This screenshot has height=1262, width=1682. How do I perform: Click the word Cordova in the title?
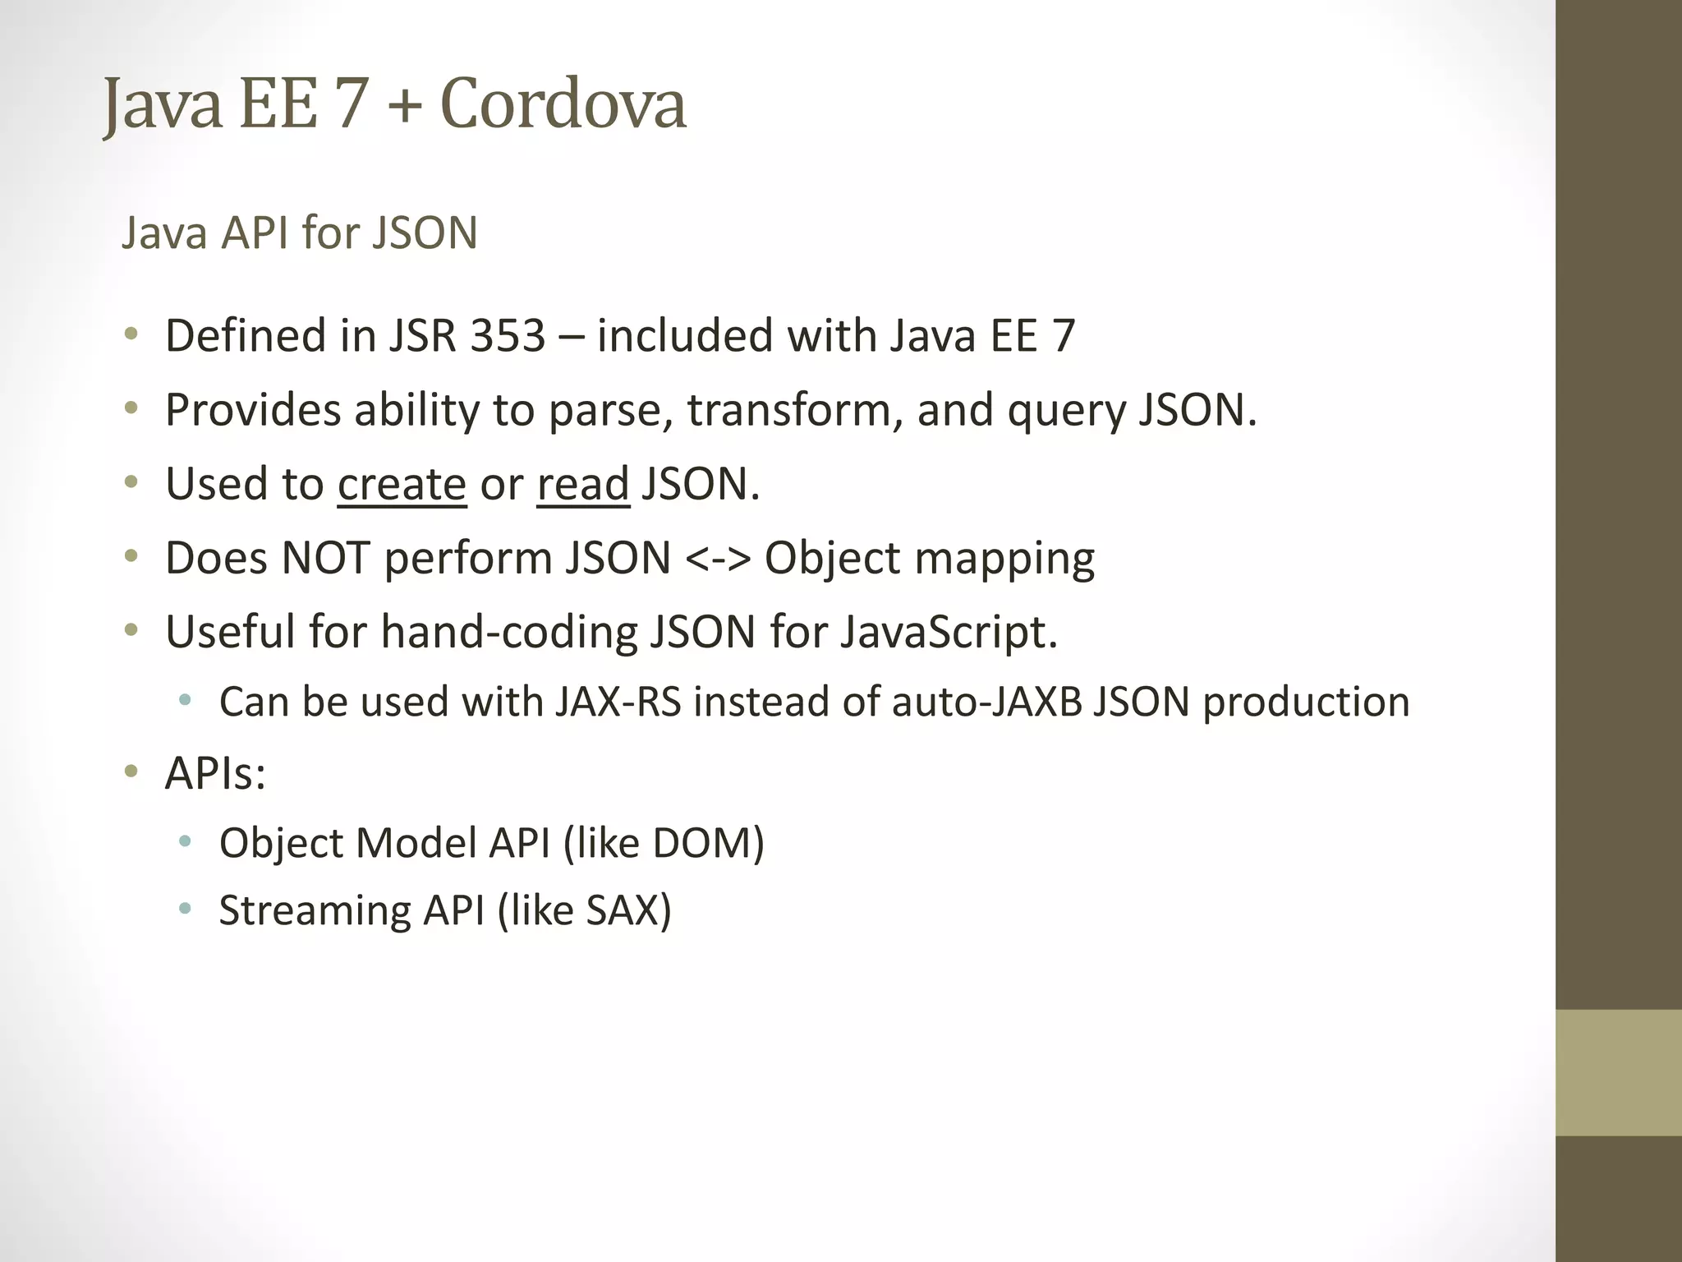coord(563,104)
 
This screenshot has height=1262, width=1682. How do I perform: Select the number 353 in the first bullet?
coord(508,336)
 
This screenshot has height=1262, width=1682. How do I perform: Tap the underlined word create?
coord(402,484)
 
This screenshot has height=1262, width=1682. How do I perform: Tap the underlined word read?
coord(583,484)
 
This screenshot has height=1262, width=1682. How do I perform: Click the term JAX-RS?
coord(618,702)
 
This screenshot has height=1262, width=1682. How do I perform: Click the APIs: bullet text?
coord(215,774)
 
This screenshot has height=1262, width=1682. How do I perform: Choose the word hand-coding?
coord(509,633)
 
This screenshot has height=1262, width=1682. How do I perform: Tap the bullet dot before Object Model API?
coord(185,841)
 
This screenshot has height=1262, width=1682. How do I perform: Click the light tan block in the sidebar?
coord(1618,1072)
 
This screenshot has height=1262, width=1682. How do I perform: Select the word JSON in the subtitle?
coord(425,233)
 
